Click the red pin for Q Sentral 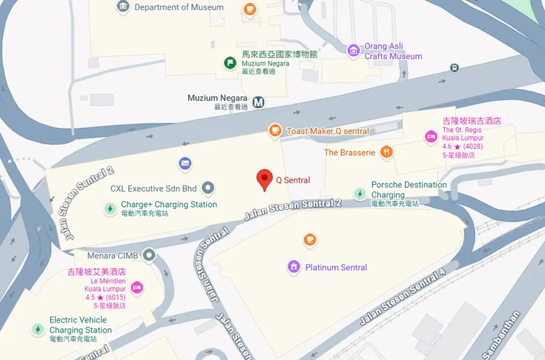(264, 179)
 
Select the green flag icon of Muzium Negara (231, 63)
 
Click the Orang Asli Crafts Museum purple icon (354, 51)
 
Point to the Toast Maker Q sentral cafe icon (275, 131)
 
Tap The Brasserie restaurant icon (387, 152)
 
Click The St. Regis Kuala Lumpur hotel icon (431, 136)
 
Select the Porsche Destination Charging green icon (359, 194)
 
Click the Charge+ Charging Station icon (110, 209)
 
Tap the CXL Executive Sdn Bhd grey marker (208, 188)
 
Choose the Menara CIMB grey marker (150, 255)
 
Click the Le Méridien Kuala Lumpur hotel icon (137, 287)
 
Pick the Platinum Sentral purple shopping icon (294, 267)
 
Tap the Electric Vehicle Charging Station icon (38, 329)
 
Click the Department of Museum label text (179, 7)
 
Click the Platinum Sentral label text (336, 267)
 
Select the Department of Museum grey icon (123, 7)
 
